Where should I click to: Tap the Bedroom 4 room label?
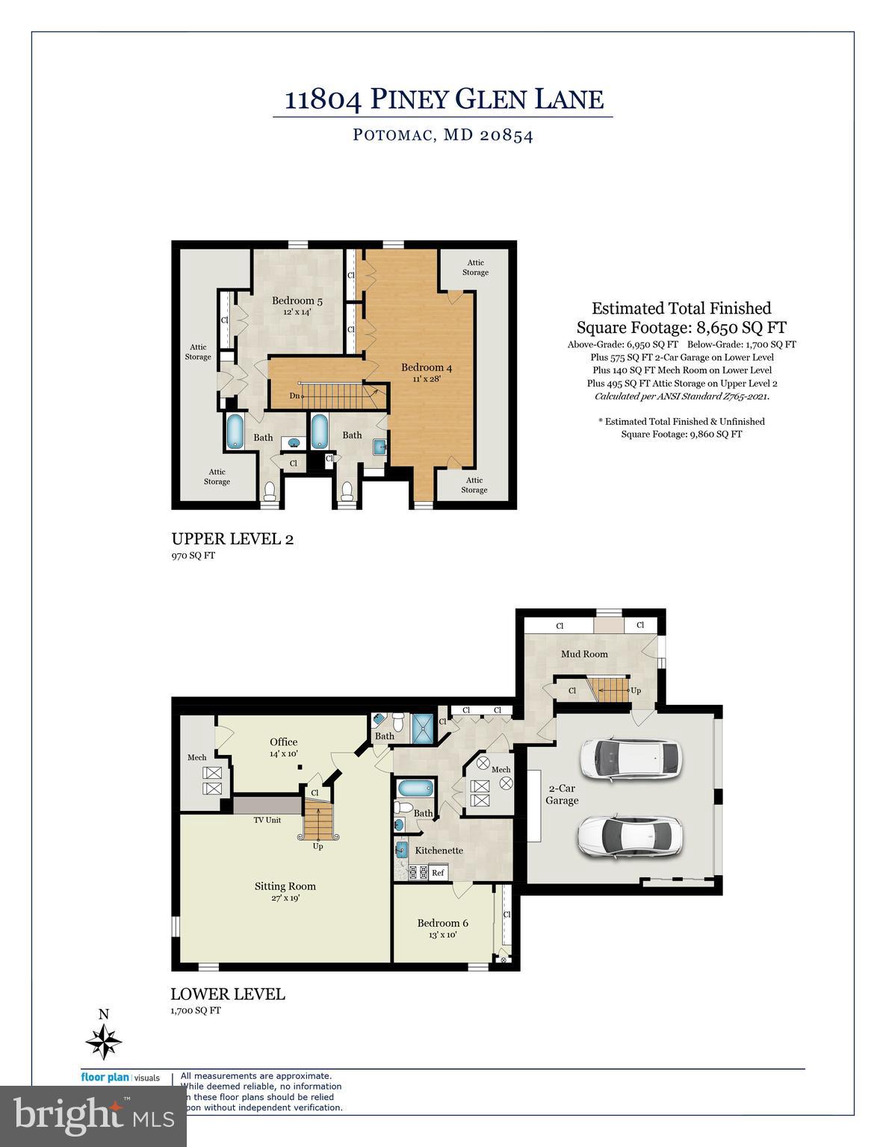click(426, 367)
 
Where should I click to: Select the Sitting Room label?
click(285, 886)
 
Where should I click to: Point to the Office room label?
click(283, 742)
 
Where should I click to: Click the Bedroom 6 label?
click(442, 923)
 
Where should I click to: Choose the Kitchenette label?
click(439, 850)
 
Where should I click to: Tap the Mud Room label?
click(584, 654)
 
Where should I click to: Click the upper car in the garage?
click(631, 761)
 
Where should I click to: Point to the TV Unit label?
click(267, 820)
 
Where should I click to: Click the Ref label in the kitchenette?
click(438, 872)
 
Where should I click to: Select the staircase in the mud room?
click(606, 688)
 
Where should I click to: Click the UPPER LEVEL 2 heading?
click(232, 539)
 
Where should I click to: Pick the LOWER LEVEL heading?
click(227, 994)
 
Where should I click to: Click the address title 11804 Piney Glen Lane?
click(444, 99)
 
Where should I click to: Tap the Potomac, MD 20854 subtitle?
click(443, 136)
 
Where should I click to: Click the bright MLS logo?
click(93, 1116)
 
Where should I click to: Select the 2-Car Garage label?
click(562, 795)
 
